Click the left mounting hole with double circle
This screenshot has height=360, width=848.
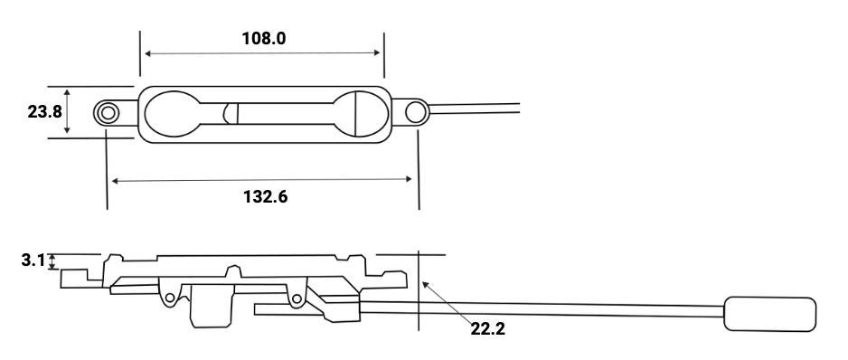[x=108, y=113]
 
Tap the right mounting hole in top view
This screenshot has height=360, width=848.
[x=416, y=112]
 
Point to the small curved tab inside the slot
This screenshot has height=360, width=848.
[x=230, y=113]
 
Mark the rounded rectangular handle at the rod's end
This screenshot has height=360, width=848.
[x=769, y=315]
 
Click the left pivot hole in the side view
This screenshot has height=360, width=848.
[x=168, y=296]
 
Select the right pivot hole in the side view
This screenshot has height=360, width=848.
[x=296, y=296]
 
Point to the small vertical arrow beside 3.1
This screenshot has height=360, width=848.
[x=52, y=261]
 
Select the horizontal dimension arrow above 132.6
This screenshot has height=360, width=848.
[x=262, y=180]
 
